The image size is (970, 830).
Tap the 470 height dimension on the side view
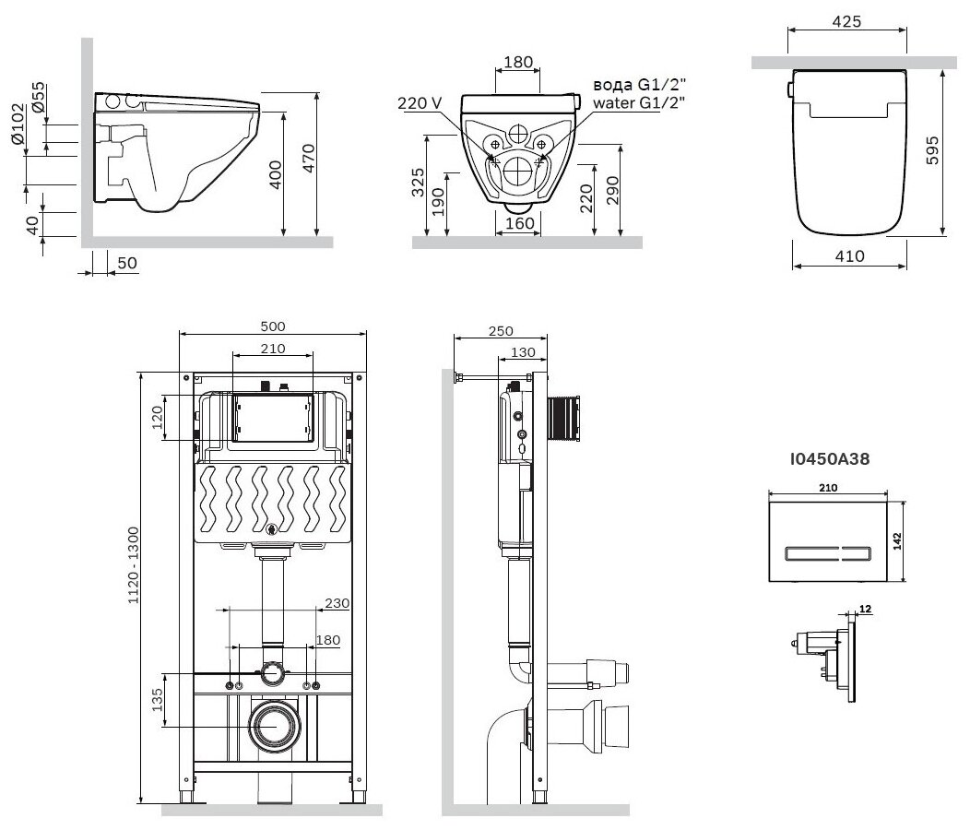click(309, 159)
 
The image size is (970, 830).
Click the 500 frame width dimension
click(273, 326)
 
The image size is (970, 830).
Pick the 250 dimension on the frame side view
click(502, 330)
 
